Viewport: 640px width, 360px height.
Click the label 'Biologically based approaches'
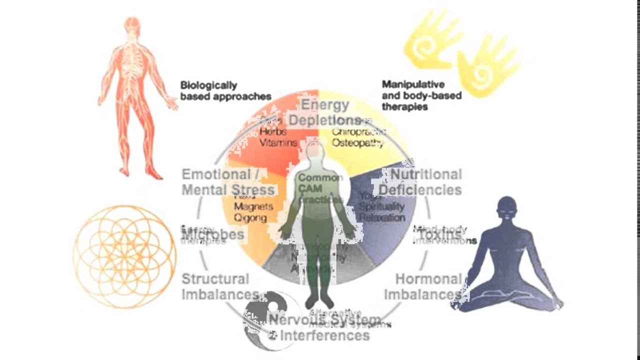point(225,91)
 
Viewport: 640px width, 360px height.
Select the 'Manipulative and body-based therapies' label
point(421,95)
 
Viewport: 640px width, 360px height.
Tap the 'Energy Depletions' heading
point(324,112)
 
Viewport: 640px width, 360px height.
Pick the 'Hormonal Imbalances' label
point(422,286)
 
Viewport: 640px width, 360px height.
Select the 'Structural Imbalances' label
point(220,286)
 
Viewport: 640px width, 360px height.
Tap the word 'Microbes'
point(212,234)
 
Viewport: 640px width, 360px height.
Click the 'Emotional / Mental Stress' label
point(228,182)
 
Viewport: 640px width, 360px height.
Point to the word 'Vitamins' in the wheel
point(278,142)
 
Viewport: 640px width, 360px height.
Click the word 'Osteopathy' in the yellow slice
point(358,143)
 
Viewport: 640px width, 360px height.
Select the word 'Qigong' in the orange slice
point(250,218)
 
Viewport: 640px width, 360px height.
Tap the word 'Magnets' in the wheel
point(253,206)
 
